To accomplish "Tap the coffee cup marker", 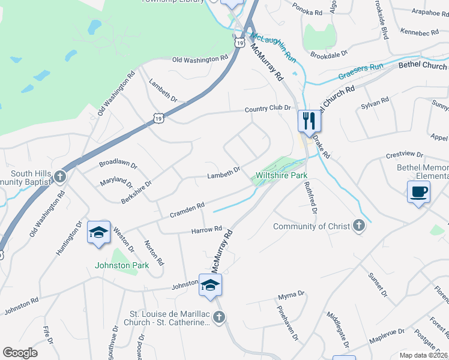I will point(419,193).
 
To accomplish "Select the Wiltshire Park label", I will point(282,176).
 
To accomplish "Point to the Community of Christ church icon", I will point(358,226).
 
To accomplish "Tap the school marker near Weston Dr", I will point(99,232).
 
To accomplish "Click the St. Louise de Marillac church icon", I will point(218,317).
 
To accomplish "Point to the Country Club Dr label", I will point(267,109).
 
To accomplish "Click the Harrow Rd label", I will point(206,230).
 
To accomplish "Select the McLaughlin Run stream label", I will point(274,47).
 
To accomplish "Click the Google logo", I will point(20,353).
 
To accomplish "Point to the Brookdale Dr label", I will point(329,55).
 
